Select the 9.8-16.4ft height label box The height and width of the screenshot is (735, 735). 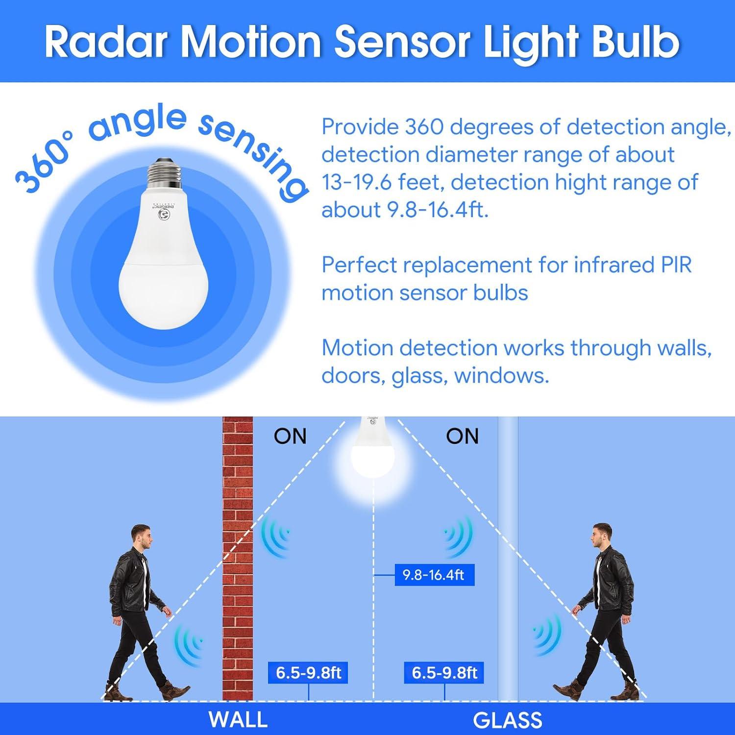coord(434,575)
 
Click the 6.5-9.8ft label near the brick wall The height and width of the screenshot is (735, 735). coord(308,673)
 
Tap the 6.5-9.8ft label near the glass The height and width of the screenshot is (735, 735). coord(444,673)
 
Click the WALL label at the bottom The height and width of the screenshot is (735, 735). coord(238,720)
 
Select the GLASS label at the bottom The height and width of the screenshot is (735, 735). coord(508,720)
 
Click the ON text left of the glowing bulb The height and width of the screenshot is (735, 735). coord(290,436)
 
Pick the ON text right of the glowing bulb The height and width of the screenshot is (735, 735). coord(462,436)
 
